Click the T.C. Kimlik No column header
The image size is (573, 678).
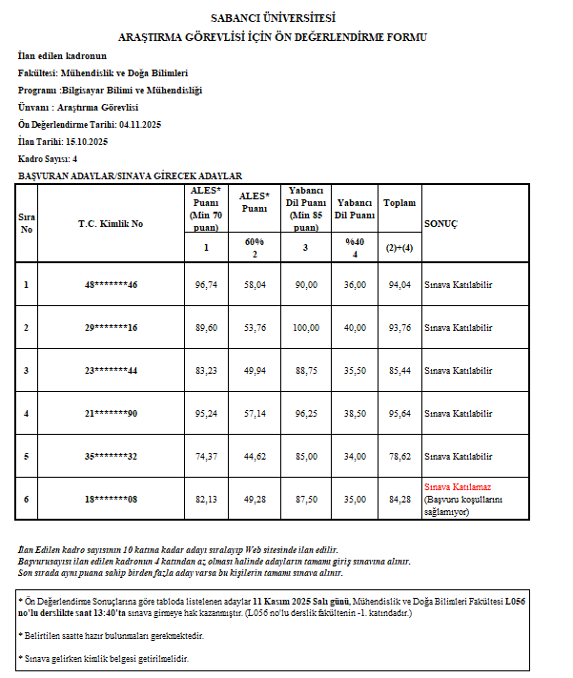111,223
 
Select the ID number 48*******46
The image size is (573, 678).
111,284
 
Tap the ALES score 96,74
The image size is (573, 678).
206,284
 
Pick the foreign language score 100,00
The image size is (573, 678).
306,327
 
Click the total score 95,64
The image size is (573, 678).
399,413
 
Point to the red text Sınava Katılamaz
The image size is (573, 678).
457,486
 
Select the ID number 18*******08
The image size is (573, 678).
111,499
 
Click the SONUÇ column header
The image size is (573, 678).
440,223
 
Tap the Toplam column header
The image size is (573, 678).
399,203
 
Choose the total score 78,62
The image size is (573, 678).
399,456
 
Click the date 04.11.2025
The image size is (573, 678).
142,124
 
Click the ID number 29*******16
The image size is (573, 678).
111,327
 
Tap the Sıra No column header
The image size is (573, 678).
27,223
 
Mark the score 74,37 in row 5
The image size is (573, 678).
206,456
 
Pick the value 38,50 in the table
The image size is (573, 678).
355,413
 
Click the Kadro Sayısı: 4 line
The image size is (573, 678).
48,158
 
